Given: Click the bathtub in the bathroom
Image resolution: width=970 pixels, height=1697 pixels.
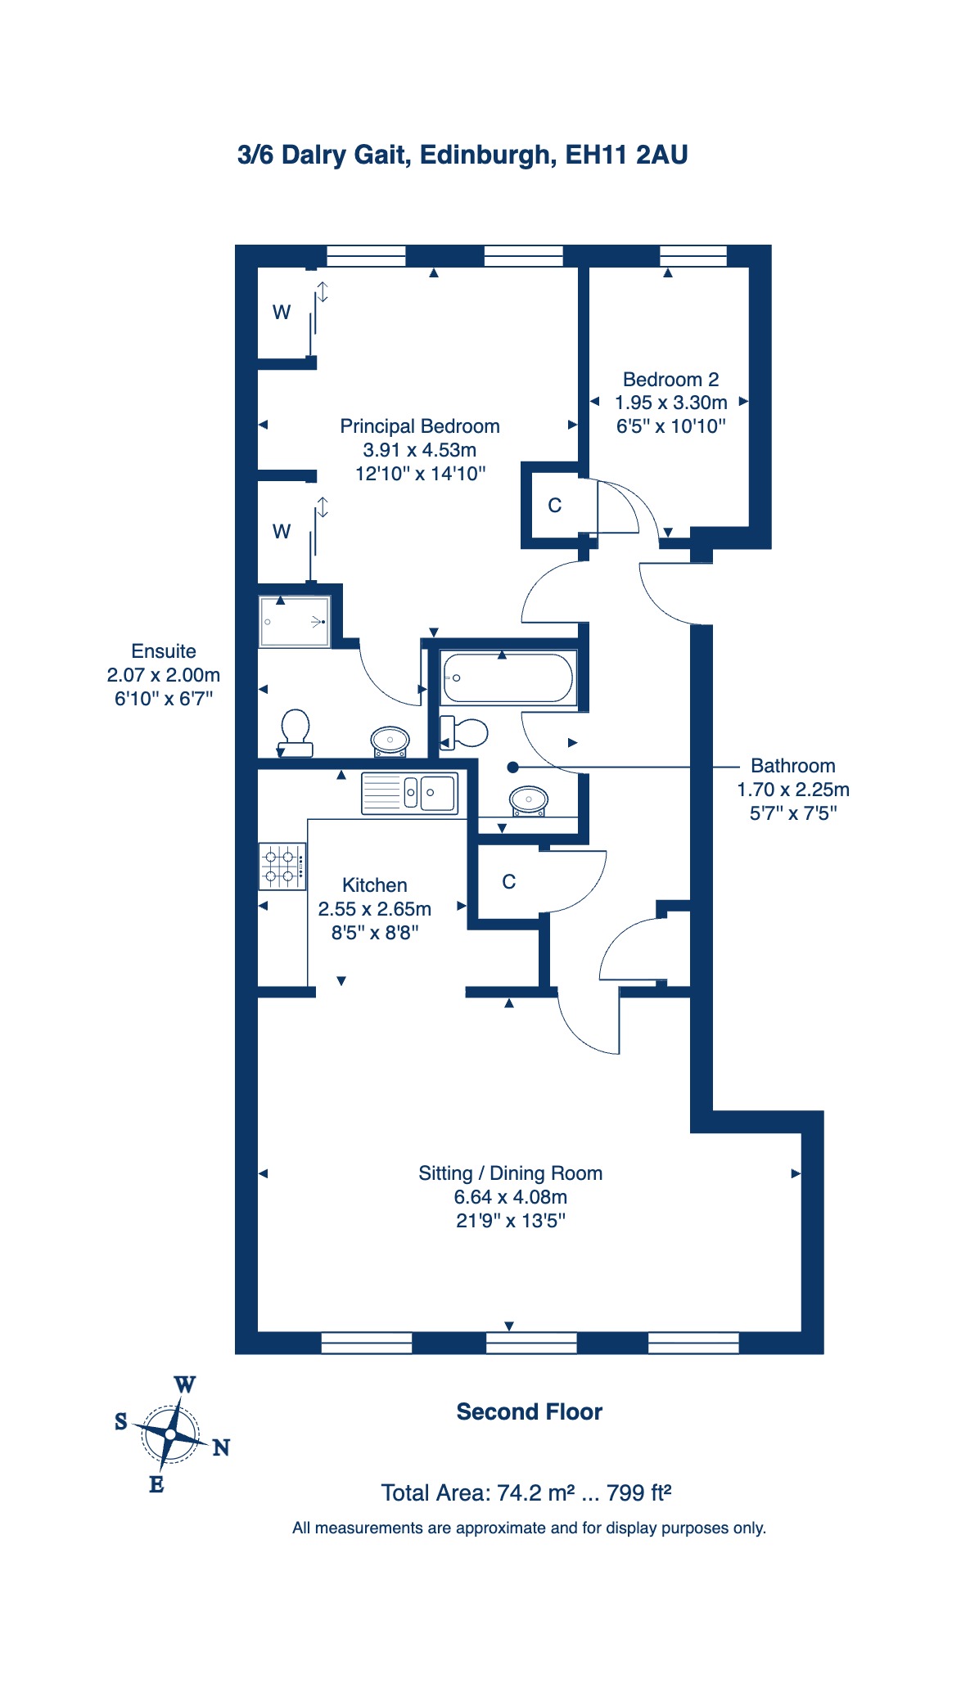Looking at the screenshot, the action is click(x=508, y=677).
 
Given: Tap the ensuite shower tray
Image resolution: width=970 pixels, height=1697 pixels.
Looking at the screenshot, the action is click(x=295, y=621).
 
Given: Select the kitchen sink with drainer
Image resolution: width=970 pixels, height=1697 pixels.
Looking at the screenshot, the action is click(x=409, y=793).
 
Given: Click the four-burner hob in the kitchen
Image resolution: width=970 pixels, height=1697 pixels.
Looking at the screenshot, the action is click(x=282, y=867).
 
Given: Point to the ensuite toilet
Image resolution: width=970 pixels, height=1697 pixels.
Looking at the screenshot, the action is click(x=295, y=733).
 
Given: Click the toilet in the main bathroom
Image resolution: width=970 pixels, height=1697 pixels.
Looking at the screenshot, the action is click(x=463, y=732).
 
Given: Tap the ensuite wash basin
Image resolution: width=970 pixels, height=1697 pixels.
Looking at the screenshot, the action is click(x=390, y=741).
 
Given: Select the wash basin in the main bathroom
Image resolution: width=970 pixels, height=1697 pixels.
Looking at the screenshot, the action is click(x=529, y=800).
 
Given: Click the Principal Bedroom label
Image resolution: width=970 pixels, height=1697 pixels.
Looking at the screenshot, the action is click(x=420, y=426).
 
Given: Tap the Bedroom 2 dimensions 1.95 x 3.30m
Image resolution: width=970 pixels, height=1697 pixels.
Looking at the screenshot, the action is click(x=671, y=403).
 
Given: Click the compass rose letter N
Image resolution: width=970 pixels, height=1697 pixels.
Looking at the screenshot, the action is click(x=221, y=1447).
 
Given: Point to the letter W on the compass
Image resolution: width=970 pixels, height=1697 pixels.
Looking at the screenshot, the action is click(x=185, y=1384).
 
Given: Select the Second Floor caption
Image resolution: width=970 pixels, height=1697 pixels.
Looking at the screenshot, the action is click(x=530, y=1411).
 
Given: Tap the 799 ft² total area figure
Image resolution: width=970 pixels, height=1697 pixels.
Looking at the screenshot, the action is click(x=639, y=1492).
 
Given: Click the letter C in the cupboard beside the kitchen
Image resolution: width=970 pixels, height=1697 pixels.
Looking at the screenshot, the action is click(x=509, y=881).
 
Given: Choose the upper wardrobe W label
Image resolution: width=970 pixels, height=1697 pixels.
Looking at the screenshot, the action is click(x=282, y=312).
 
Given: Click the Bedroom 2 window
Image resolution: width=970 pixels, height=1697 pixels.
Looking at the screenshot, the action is click(x=693, y=256).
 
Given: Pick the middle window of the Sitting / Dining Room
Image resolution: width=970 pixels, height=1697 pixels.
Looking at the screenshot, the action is click(x=531, y=1343).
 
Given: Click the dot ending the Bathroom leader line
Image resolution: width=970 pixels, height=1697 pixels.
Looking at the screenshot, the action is click(x=513, y=767).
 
